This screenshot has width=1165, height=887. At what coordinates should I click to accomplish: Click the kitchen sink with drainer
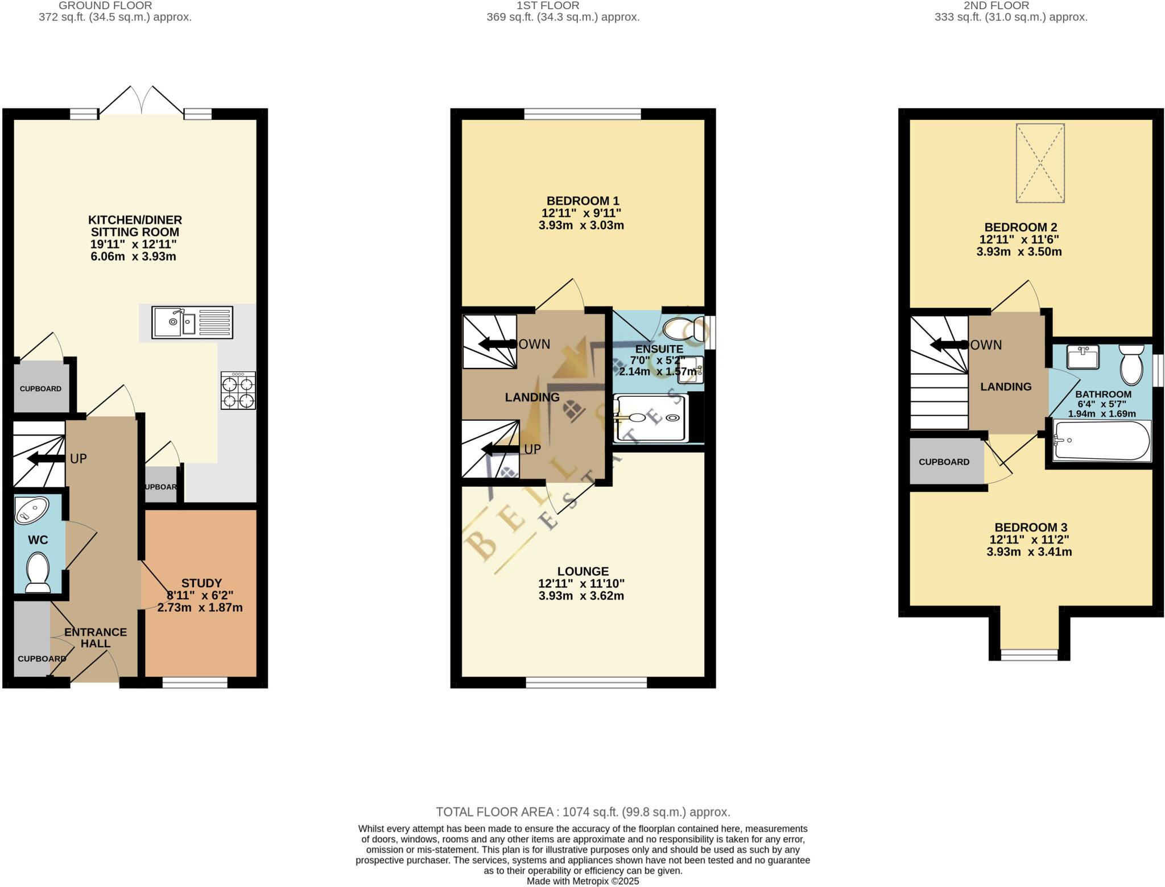[192, 322]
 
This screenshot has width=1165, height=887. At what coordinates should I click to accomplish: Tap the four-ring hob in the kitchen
[238, 391]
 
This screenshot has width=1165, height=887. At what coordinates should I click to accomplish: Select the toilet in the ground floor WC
[38, 573]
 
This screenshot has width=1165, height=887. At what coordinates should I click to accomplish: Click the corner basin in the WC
[31, 510]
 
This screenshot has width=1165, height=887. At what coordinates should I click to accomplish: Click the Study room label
[201, 583]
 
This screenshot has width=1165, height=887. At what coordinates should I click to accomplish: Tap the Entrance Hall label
[96, 637]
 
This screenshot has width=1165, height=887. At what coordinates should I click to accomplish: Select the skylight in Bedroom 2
[1040, 163]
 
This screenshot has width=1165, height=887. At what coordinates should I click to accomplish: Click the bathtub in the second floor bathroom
[1101, 440]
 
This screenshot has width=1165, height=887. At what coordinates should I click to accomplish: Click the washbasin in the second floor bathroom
[1083, 357]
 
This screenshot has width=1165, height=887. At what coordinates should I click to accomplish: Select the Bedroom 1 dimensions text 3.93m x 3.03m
[581, 225]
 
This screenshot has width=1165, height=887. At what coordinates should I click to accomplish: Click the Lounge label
[582, 571]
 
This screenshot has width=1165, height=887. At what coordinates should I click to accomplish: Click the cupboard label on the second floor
[944, 462]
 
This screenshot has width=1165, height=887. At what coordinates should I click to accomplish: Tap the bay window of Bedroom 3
[1029, 655]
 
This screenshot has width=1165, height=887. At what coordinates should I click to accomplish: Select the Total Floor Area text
[582, 812]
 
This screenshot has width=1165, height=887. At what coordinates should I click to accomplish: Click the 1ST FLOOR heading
[547, 6]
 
